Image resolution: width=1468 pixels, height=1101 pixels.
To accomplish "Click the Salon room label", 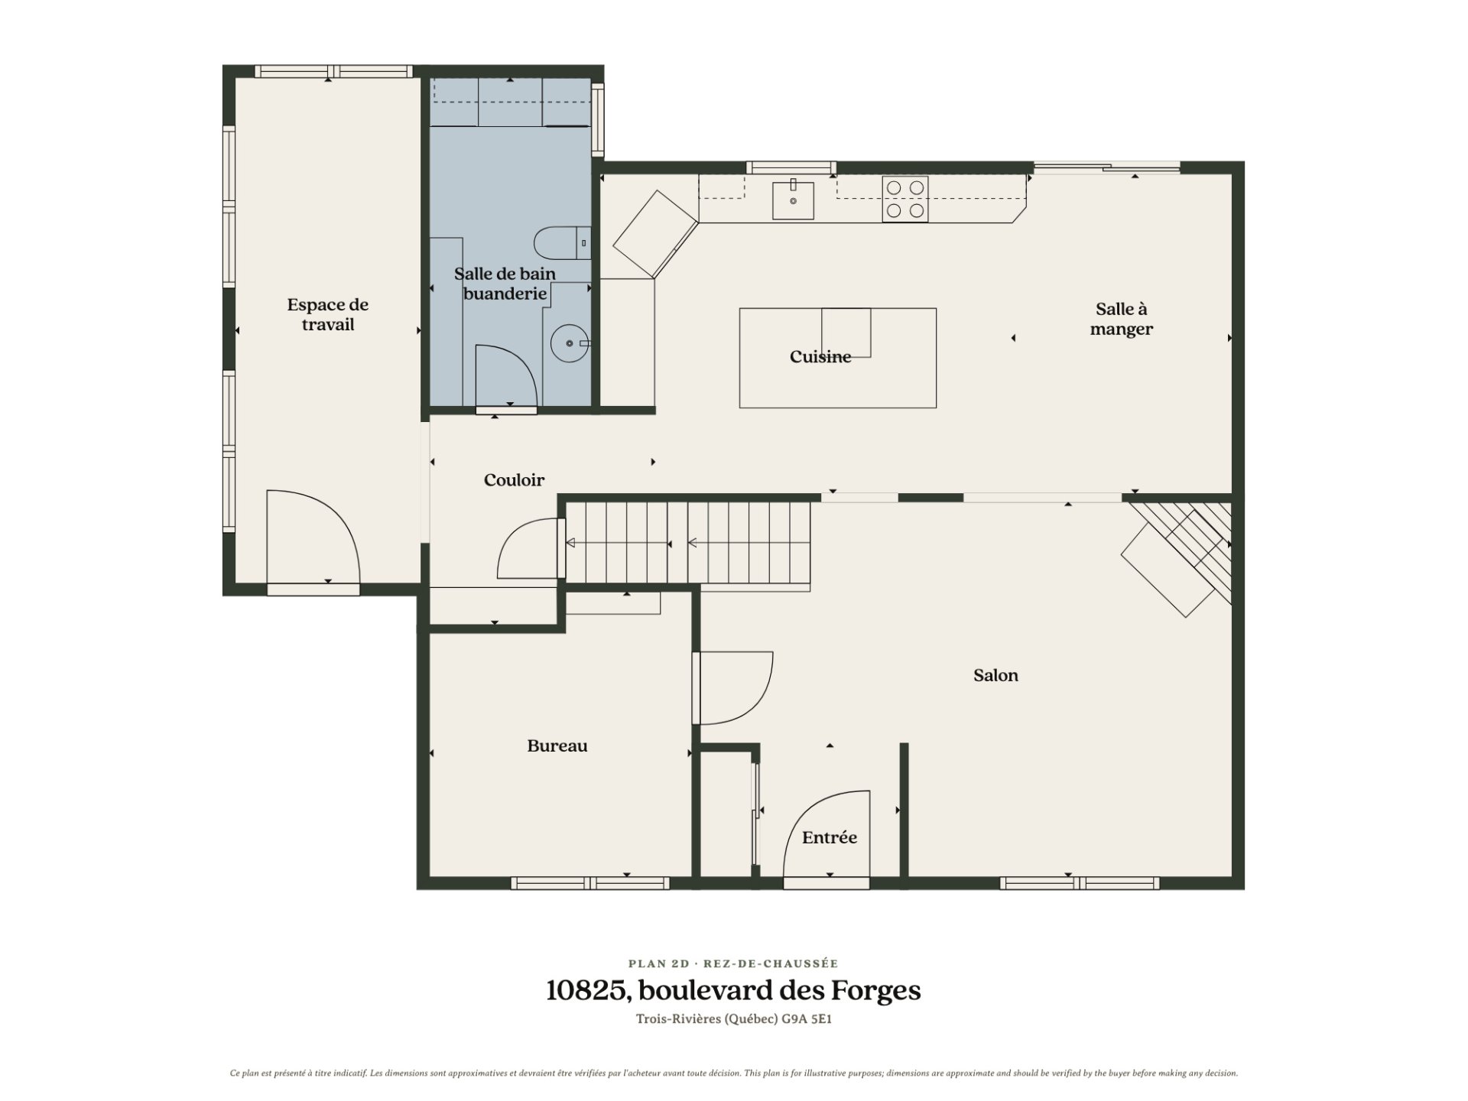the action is [995, 675].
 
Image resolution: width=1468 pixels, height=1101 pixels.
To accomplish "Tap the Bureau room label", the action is [557, 746].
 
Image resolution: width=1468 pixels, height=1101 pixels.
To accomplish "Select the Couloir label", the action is [514, 480].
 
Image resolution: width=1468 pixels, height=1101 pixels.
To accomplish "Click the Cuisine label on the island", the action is [820, 357].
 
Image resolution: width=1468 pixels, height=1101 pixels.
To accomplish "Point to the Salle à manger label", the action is [1122, 319].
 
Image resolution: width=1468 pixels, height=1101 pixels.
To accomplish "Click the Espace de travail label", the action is [328, 314].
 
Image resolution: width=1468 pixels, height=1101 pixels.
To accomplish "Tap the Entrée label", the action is [830, 838].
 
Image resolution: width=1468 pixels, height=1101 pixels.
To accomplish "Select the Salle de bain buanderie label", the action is [505, 284].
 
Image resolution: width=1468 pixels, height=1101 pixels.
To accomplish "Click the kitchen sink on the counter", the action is [793, 199].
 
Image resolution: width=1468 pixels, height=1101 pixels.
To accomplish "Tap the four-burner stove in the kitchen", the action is [905, 199].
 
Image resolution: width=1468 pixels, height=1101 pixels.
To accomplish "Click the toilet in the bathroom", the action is [562, 243].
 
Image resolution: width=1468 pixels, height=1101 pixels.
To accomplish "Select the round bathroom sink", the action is [570, 343].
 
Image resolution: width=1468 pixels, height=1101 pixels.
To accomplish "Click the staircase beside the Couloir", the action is [687, 544].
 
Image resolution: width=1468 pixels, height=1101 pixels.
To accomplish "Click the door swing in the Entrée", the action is [828, 835].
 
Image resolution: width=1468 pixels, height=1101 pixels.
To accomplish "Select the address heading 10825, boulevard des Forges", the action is [733, 991].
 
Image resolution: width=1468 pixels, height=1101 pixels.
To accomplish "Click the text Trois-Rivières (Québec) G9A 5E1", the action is [733, 1019].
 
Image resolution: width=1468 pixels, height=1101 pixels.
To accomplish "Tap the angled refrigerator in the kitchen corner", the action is [655, 234].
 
